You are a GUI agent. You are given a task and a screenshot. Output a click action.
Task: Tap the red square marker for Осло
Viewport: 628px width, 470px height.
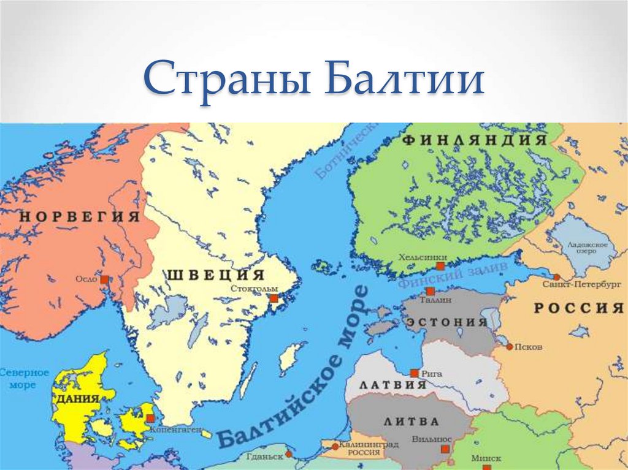click(x=104, y=279)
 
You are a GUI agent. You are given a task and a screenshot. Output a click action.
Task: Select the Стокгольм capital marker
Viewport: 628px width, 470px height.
click(x=274, y=298)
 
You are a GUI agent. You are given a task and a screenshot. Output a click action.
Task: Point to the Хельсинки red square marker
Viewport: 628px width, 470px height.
click(x=440, y=267)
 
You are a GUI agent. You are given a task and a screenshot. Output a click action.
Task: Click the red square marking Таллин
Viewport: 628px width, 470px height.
click(x=431, y=291)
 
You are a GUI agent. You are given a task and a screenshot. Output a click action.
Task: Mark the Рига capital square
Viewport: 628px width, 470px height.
click(x=415, y=373)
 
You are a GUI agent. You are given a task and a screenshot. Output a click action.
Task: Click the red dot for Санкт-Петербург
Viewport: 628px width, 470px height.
click(x=555, y=275)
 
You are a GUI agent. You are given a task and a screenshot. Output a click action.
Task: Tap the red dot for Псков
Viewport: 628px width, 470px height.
click(x=509, y=347)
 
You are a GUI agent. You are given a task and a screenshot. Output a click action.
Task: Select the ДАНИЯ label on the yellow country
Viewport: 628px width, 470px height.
click(x=78, y=399)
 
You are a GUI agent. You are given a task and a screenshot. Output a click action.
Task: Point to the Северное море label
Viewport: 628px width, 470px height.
click(x=23, y=379)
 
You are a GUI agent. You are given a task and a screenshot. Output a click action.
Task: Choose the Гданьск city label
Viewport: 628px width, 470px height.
click(x=265, y=457)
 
